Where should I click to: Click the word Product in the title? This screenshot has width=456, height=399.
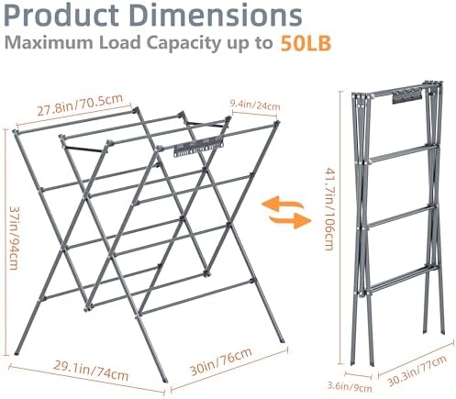[x=61, y=16]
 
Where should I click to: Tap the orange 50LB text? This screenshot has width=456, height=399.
[x=306, y=44]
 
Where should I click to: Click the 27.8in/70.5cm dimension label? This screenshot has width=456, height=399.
[x=80, y=105]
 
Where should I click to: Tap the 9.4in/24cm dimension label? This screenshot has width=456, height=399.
[x=255, y=105]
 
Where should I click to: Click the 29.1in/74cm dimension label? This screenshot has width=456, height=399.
[x=91, y=371]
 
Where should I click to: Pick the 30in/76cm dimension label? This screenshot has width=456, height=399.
[x=221, y=361]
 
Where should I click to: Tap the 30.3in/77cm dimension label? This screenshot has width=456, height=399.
[x=417, y=371]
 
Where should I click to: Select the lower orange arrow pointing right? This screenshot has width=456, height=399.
[x=289, y=221]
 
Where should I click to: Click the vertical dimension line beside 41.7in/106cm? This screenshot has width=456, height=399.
[x=340, y=227]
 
